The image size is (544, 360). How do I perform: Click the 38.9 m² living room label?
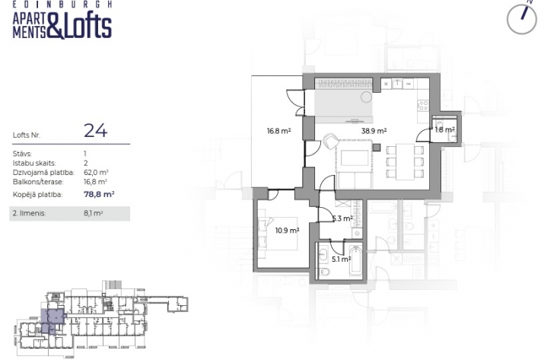(374, 131)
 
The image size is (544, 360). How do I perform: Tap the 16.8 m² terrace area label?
(278, 131)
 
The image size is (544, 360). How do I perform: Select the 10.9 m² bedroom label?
(287, 230)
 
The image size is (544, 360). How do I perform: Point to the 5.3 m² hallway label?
(342, 218)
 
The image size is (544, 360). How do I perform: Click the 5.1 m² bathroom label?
(341, 259)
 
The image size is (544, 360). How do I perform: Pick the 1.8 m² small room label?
(444, 130)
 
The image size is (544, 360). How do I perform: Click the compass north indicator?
(522, 18)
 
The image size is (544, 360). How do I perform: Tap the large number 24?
(95, 131)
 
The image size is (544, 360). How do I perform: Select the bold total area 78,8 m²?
(99, 194)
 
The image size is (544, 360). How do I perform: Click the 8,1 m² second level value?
(93, 213)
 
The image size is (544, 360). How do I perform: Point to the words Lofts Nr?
(27, 135)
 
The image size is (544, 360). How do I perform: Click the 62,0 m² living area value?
(96, 173)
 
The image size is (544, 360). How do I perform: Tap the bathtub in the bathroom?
(355, 260)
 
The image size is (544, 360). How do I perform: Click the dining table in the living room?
(405, 162)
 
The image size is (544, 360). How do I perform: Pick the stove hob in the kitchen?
(422, 105)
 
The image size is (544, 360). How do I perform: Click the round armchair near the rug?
(331, 142)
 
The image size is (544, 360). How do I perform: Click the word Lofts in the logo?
(87, 26)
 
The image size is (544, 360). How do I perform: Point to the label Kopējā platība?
(37, 195)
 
